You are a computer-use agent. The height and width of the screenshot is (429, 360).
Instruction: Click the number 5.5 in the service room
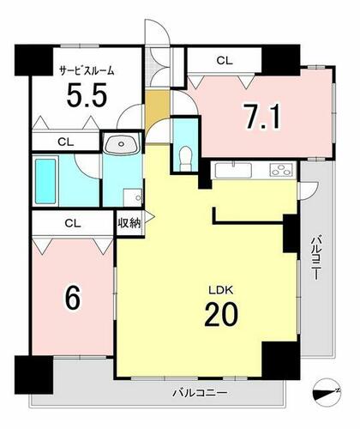click(87, 94)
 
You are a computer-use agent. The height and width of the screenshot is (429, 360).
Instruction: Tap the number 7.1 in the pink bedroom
click(262, 116)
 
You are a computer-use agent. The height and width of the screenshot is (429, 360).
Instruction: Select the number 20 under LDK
click(221, 315)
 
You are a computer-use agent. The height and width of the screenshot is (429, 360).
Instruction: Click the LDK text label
click(221, 290)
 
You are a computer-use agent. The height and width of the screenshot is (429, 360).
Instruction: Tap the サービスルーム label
click(87, 70)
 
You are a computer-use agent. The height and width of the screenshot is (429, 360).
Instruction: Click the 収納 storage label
click(129, 223)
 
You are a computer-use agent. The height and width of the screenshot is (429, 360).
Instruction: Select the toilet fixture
click(186, 159)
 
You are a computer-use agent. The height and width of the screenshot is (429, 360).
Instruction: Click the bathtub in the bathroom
click(45, 181)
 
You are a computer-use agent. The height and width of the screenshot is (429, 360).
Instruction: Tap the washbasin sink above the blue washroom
click(122, 144)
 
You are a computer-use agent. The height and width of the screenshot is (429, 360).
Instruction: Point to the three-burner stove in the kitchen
click(282, 169)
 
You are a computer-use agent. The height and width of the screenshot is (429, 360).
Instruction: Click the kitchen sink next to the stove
click(233, 170)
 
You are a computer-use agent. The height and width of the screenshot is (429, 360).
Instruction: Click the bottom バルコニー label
click(200, 392)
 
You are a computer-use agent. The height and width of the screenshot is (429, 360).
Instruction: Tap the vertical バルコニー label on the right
click(316, 257)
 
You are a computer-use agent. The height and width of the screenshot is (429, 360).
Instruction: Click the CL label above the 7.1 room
click(225, 60)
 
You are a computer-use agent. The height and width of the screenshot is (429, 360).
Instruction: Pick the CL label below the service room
click(66, 142)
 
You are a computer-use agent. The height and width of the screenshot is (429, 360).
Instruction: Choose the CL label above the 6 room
click(73, 223)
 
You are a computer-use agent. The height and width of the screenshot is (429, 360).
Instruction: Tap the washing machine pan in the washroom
click(133, 197)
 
